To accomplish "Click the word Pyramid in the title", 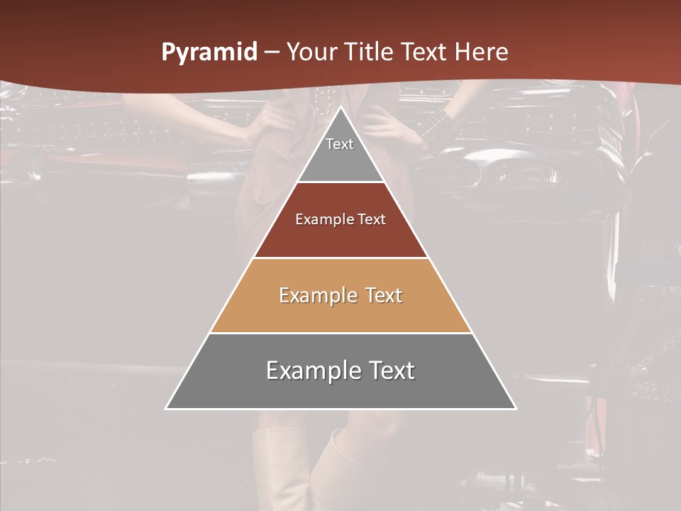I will click(209, 53).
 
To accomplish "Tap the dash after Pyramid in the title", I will click(272, 53).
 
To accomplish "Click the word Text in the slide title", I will click(425, 53).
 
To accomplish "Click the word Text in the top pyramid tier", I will click(340, 144).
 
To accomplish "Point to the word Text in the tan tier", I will click(384, 295).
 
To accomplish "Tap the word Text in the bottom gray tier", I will click(391, 370).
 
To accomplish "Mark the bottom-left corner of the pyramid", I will click(166, 409).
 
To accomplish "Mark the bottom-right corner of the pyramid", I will click(516, 409).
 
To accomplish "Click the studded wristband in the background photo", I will click(435, 128).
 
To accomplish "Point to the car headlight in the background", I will click(525, 171).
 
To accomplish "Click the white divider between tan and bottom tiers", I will click(341, 333).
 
